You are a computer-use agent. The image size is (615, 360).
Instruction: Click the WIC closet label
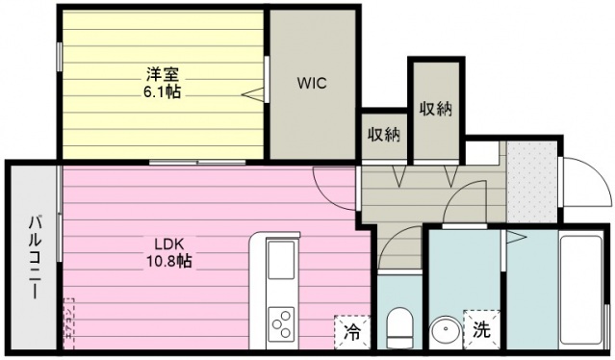(312, 84)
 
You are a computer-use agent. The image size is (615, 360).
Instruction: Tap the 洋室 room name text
(163, 74)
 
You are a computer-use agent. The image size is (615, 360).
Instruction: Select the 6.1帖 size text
(162, 92)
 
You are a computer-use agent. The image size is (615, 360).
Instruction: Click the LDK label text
(168, 244)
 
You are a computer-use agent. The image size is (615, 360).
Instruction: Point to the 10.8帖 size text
(169, 261)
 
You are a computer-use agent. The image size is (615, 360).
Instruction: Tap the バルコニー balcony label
(35, 257)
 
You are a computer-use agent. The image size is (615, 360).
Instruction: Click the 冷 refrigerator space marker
(352, 332)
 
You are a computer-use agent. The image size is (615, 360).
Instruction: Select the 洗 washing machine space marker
(481, 329)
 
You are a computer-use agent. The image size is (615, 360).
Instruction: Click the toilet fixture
(399, 327)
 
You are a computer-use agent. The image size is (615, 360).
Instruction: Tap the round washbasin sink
(446, 332)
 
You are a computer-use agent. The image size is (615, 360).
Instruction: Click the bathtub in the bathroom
(581, 290)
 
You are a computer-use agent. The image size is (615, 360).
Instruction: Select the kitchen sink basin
(281, 259)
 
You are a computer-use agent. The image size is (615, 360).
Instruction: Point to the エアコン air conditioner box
(68, 323)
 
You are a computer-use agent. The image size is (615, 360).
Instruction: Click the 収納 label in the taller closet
(436, 109)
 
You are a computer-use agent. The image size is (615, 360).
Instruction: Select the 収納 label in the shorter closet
(384, 135)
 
